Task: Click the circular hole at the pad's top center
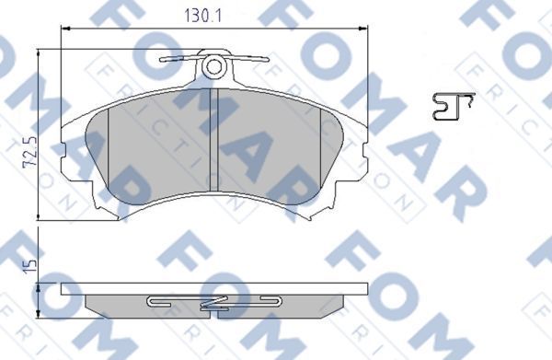pyautogui.click(x=214, y=66)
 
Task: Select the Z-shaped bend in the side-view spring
pyautogui.click(x=214, y=302)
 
